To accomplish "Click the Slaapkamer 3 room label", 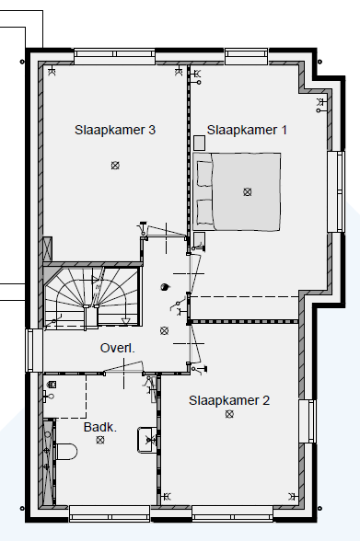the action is point(115,130).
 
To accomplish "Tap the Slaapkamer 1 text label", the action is point(247,130).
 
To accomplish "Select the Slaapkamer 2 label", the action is point(229,400).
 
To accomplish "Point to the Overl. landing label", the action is point(117,348).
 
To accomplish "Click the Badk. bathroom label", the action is point(100,427).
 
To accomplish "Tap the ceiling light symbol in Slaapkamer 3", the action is point(115,166).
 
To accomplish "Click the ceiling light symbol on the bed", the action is point(247,191).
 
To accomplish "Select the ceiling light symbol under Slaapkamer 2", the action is point(229,414).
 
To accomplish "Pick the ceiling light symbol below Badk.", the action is point(100,440).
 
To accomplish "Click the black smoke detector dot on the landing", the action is point(165,287).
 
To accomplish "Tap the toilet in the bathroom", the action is point(66,452).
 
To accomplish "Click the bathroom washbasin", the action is point(147,440).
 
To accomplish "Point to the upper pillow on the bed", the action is point(204,174).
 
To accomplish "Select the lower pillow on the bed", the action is point(204,212).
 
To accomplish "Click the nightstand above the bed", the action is point(199,143).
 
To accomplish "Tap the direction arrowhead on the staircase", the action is point(125,321).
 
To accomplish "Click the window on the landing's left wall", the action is point(34,351).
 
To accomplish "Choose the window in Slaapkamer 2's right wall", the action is point(308,421).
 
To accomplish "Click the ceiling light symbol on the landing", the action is point(164,331).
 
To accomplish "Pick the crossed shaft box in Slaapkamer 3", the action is point(48,248).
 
